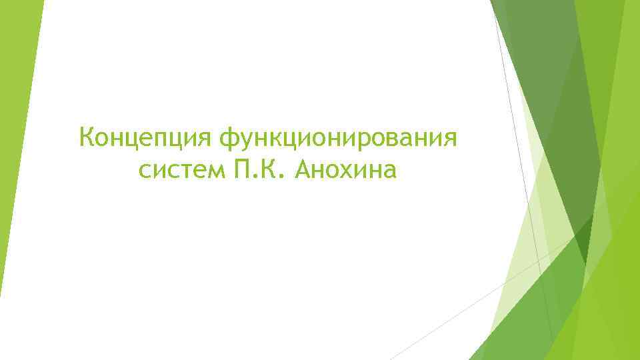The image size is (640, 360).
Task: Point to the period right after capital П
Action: pyautogui.click(x=251, y=178)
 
